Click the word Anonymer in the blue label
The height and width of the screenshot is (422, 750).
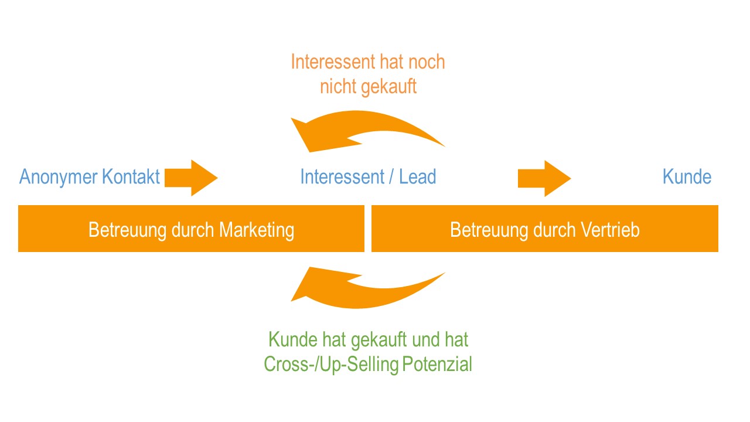click(59, 178)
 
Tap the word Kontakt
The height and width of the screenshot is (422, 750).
click(131, 176)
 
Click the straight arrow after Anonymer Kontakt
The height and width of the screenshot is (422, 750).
click(191, 178)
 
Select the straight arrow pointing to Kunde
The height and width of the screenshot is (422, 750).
click(544, 179)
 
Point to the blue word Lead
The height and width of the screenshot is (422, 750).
click(418, 176)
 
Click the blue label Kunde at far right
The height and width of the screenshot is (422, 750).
click(687, 176)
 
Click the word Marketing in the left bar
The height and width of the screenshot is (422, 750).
click(257, 231)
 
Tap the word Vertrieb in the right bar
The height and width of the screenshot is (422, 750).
click(610, 230)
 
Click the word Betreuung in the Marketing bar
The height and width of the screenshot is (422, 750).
click(128, 231)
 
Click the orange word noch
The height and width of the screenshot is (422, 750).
click(427, 62)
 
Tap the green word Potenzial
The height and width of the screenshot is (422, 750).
click(437, 365)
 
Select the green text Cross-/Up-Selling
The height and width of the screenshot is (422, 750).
click(331, 365)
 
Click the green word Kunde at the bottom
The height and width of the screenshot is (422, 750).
click(293, 339)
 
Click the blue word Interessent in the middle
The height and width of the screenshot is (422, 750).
click(342, 176)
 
